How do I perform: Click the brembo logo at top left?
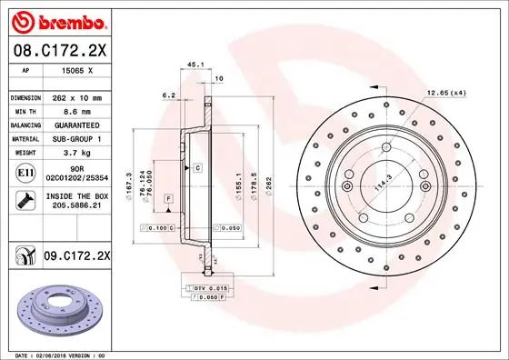tap(55, 20)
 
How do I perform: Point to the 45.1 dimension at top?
tap(194, 65)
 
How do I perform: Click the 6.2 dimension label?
tap(167, 95)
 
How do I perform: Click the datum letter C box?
tap(196, 169)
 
